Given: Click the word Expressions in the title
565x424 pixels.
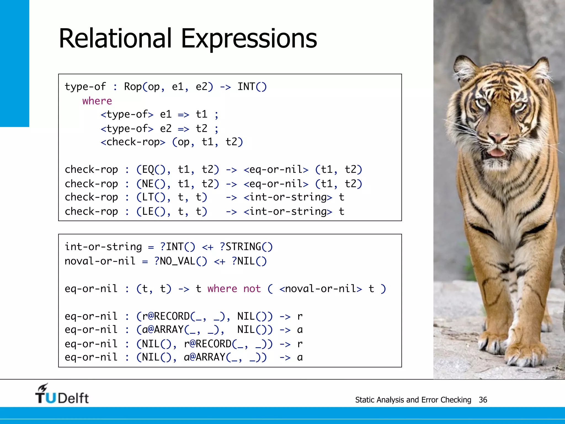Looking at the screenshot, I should [249, 39].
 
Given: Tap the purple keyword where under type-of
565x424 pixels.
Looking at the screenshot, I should [97, 101].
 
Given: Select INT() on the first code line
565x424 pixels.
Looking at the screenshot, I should [252, 87].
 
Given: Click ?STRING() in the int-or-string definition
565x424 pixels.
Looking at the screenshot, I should [246, 247].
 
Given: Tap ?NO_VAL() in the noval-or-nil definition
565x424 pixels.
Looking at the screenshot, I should [180, 261].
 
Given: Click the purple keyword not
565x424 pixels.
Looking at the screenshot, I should [252, 289].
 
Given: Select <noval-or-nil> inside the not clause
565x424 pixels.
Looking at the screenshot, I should [321, 289].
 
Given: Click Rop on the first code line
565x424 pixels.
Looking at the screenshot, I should [133, 87].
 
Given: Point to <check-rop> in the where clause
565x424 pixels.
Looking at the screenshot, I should [133, 142].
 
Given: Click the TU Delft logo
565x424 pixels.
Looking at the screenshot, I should [62, 394].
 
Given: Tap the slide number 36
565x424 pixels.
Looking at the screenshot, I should [483, 400].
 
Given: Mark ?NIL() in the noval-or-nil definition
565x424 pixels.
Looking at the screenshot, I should [249, 261].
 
